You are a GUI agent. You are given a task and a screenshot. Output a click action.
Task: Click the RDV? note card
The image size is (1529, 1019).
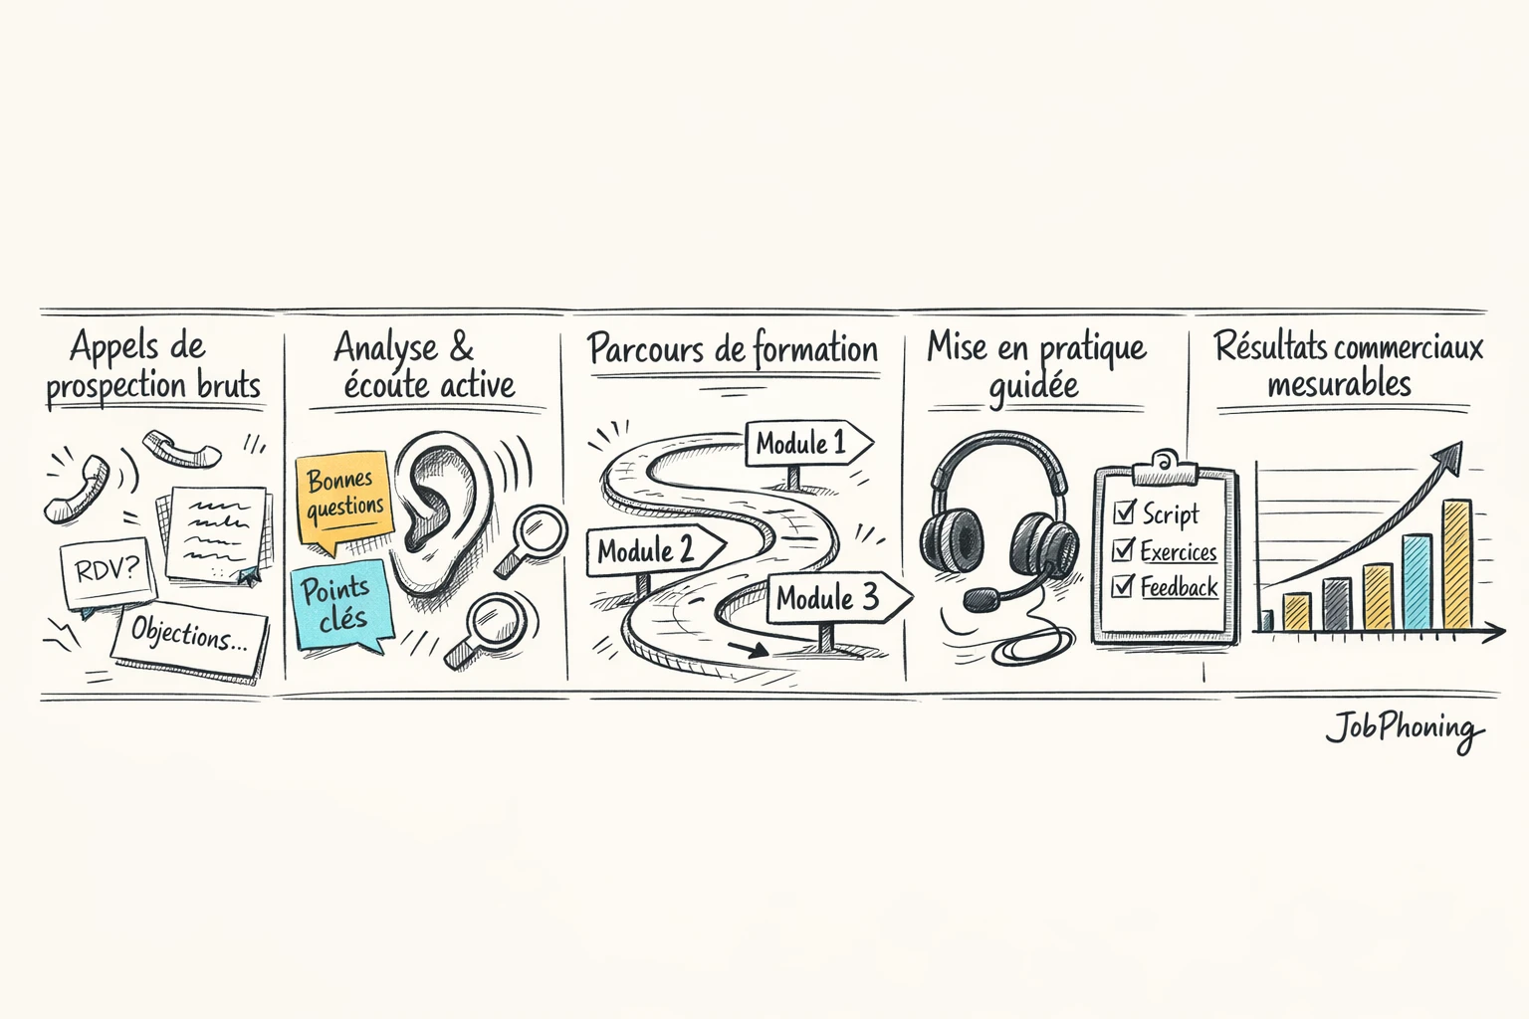coord(108,571)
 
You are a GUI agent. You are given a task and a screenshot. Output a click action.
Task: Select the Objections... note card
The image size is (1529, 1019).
coord(189,635)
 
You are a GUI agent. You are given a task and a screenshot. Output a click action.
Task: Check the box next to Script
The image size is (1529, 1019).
coord(1124,512)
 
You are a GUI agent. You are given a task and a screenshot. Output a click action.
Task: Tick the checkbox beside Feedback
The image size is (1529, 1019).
coord(1123,586)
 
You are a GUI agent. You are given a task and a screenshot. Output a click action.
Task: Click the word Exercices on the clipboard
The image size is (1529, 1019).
coord(1179,551)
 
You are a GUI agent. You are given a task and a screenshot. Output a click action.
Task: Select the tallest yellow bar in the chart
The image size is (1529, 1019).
coord(1456,564)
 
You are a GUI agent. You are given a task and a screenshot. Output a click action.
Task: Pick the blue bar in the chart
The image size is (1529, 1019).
coord(1417,582)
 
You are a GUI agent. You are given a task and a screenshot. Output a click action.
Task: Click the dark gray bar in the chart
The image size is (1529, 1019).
coord(1336,604)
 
